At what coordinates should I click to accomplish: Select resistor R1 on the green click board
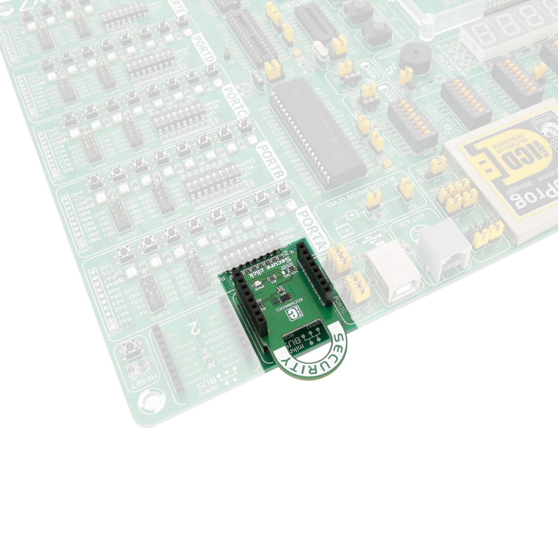[x=271, y=278]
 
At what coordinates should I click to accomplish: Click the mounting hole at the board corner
[x=151, y=401]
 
